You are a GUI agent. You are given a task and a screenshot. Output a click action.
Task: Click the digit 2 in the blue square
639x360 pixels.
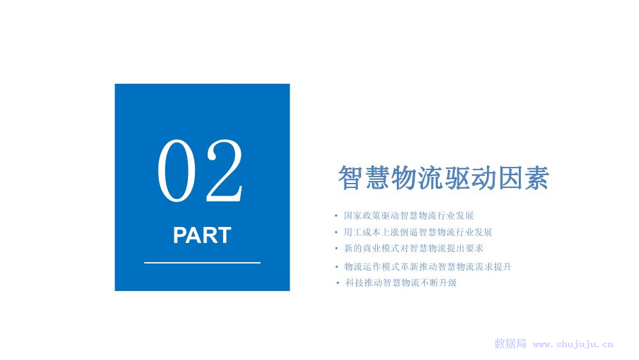(224, 171)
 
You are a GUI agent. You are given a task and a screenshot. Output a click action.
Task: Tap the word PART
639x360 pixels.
(202, 235)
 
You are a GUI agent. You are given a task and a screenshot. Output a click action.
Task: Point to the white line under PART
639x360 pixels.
(202, 263)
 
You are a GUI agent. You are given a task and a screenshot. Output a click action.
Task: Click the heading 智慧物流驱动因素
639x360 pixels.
(444, 178)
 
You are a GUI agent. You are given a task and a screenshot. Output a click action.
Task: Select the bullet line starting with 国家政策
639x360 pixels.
(409, 215)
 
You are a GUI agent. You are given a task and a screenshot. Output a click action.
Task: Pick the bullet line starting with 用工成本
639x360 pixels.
(418, 232)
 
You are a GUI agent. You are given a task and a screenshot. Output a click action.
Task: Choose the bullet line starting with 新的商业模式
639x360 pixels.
(413, 248)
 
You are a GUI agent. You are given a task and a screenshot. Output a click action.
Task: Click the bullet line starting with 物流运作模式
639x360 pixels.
(427, 267)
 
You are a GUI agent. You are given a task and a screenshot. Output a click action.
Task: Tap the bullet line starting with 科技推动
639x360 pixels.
(401, 283)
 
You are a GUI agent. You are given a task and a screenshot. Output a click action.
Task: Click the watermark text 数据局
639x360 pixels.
(510, 343)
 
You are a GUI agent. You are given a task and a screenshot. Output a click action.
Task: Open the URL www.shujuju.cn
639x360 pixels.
(573, 344)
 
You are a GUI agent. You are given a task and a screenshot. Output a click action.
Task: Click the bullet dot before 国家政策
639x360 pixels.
(336, 216)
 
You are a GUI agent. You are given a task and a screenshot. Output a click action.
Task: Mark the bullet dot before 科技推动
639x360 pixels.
(338, 283)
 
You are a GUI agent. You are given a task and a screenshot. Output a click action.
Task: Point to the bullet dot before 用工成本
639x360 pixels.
(336, 232)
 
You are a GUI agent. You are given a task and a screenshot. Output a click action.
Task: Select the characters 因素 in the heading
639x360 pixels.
(524, 178)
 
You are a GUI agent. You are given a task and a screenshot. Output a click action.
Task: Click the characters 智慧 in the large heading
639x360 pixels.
(364, 178)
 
